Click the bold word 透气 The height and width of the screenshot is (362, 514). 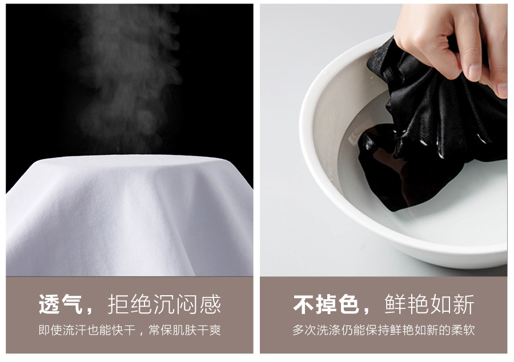pyautogui.click(x=61, y=304)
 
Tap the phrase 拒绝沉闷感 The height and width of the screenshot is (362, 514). pyautogui.click(x=164, y=304)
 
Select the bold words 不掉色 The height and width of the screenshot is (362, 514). pyautogui.click(x=326, y=304)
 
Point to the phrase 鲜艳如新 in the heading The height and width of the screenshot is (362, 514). pyautogui.click(x=429, y=304)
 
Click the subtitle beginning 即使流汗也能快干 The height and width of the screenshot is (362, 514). pyautogui.click(x=130, y=330)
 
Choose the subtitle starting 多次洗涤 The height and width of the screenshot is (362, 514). pyautogui.click(x=384, y=330)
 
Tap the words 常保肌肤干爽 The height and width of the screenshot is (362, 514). pyautogui.click(x=185, y=330)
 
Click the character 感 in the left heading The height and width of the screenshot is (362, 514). pyautogui.click(x=210, y=304)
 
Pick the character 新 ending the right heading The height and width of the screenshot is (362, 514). pyautogui.click(x=464, y=304)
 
